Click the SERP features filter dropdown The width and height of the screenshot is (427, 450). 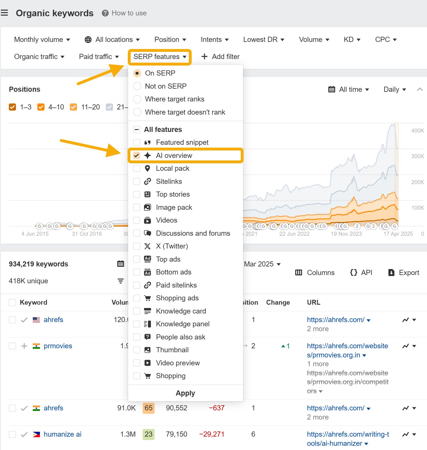[x=159, y=57]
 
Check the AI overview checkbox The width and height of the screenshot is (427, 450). [x=137, y=156]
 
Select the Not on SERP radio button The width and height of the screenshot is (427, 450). [x=137, y=86]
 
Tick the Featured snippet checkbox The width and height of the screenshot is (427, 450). [x=137, y=142]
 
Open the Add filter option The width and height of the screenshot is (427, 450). [x=220, y=57]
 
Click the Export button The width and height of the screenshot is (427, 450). [x=404, y=273]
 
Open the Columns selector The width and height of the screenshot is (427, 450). [x=315, y=273]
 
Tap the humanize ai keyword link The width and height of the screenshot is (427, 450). [x=62, y=434]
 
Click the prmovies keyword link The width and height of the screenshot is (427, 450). [x=58, y=346]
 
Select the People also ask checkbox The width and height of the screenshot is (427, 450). [x=137, y=337]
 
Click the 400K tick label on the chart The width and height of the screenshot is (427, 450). [x=417, y=131]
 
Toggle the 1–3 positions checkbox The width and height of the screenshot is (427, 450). [x=13, y=107]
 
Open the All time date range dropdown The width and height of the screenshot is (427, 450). [x=349, y=89]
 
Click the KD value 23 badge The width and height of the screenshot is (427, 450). [x=148, y=434]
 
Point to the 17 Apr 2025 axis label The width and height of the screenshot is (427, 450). [x=398, y=234]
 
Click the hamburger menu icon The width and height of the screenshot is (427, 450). [x=4, y=13]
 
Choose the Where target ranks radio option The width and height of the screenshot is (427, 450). [x=137, y=99]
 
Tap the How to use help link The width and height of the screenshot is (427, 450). [x=124, y=13]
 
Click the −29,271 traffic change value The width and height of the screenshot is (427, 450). [x=212, y=434]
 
